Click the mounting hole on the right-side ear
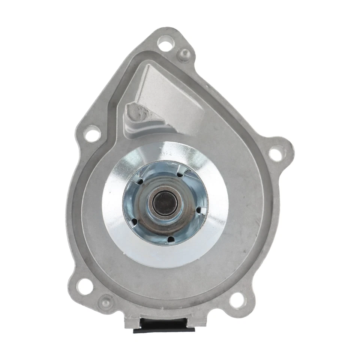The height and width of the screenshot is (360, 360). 276,154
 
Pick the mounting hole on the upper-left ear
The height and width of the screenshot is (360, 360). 92,134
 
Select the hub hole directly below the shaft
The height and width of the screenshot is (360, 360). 170,238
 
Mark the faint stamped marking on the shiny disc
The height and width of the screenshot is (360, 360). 166,152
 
